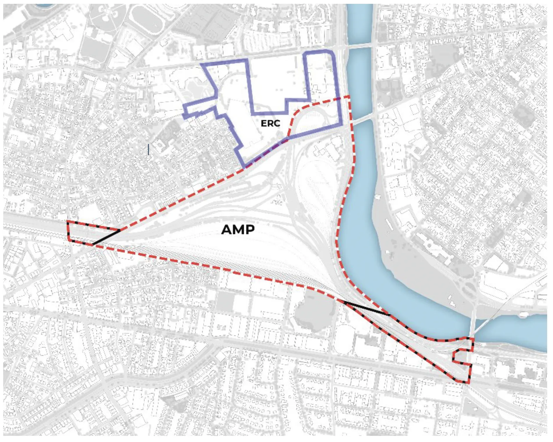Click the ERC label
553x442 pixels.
[270, 123]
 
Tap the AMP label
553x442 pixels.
[238, 229]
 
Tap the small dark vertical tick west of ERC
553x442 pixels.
[148, 149]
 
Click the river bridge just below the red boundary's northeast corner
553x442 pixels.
[362, 118]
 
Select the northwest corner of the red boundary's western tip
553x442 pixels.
[68, 222]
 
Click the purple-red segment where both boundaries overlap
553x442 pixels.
[266, 154]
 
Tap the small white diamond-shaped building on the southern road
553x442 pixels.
[221, 357]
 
